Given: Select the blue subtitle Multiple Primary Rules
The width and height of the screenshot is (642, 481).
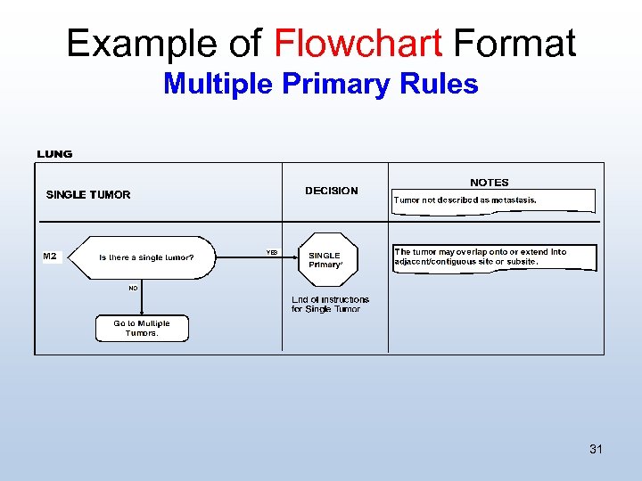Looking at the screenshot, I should tap(321, 85).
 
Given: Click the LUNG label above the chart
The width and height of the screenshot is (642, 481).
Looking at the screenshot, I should tap(54, 154).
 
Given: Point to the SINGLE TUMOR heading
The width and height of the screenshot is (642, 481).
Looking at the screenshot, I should tap(88, 195).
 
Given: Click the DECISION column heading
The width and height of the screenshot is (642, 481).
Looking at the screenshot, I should tap(331, 191).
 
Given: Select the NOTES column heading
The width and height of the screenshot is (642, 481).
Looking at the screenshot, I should tap(490, 183).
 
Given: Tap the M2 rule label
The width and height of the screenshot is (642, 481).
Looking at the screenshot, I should tap(50, 257).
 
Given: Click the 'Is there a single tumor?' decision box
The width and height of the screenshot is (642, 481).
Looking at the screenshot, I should tap(145, 257).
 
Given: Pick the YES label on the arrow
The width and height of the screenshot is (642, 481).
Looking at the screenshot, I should tap(272, 252).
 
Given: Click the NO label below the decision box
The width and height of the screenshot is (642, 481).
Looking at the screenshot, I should tap(133, 289).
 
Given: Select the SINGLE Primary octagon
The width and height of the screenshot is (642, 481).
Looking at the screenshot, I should tap(325, 259).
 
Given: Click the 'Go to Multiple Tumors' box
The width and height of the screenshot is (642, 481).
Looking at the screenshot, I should tap(142, 329).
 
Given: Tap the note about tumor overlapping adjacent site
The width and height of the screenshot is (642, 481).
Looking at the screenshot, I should tap(493, 257).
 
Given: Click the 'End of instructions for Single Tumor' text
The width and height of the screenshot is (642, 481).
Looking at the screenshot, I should tap(330, 305).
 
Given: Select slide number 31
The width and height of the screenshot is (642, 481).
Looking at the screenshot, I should tap(596, 449).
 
